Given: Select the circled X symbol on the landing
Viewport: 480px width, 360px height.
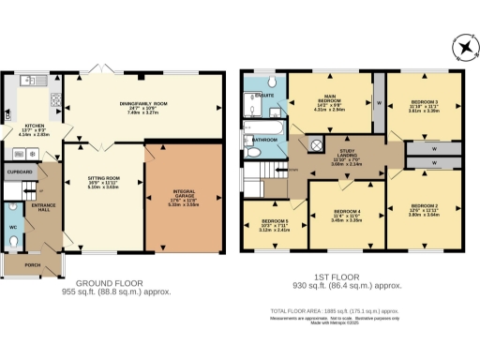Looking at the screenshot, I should tap(316, 145).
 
